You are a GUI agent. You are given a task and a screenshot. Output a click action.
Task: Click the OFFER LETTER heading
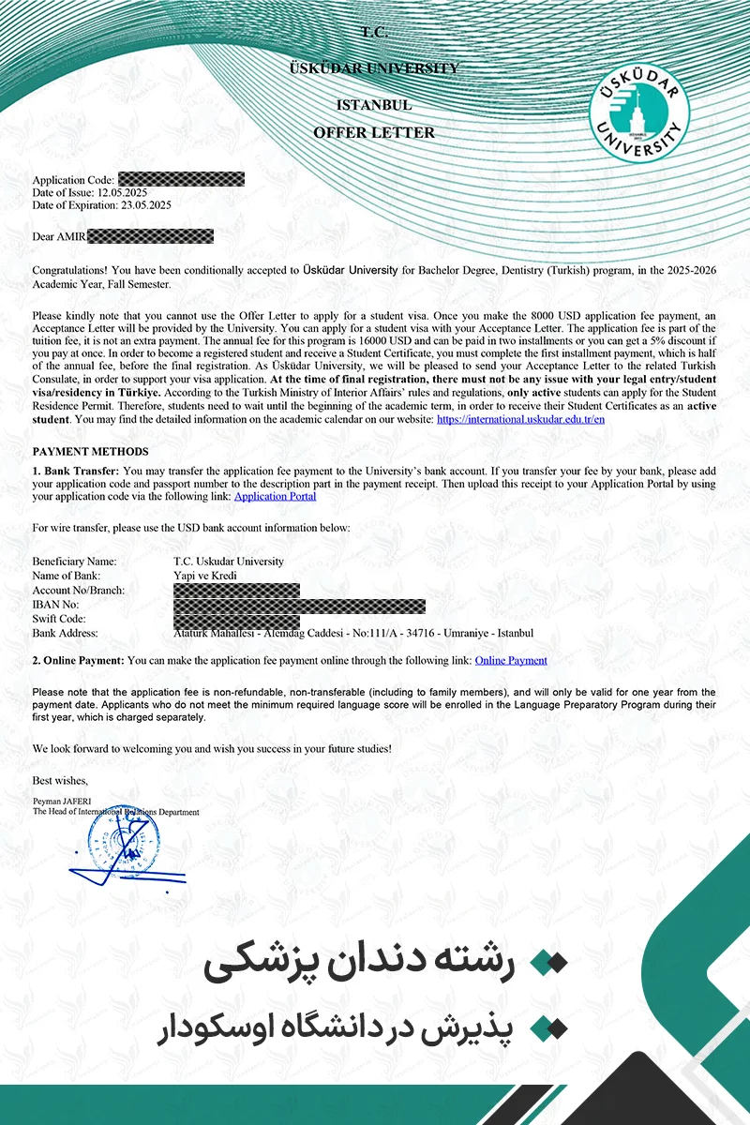point(374,133)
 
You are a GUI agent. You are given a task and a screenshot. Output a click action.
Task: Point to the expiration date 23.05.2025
point(145,204)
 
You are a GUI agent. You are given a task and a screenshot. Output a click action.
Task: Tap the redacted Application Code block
point(181,179)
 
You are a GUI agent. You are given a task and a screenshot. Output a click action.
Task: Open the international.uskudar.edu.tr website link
point(520,420)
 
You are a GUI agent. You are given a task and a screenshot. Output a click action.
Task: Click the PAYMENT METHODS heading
point(90,452)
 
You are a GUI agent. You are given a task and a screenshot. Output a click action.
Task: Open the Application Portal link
point(275,497)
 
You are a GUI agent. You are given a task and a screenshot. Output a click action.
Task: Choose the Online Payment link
point(511,661)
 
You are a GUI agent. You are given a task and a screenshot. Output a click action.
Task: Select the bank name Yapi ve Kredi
point(205,576)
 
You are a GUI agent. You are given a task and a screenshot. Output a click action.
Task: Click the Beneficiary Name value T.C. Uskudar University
point(229,562)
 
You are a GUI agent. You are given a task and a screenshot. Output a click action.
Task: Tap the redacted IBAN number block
point(299,606)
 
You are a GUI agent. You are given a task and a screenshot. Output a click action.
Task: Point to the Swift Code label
point(59,620)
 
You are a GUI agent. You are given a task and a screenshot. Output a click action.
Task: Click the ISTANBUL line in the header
point(374,105)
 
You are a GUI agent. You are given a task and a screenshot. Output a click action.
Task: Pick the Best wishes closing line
point(60,781)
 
